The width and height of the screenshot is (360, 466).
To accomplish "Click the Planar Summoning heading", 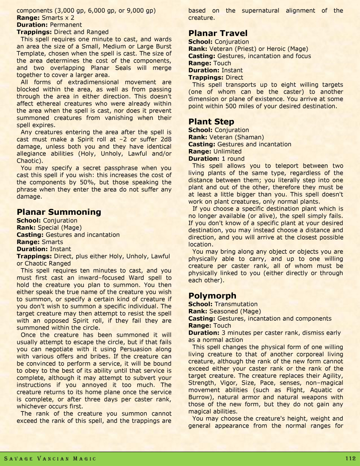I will [x=59, y=212].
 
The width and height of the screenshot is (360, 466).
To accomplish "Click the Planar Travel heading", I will [x=218, y=33].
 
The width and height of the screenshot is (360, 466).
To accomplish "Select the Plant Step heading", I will [x=211, y=122].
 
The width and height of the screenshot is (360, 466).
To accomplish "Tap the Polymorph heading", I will [x=212, y=296].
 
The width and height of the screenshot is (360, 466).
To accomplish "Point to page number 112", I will [x=350, y=458].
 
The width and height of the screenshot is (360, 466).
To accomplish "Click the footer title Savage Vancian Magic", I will [x=50, y=459].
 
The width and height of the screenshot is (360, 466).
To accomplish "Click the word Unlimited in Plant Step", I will [x=227, y=151].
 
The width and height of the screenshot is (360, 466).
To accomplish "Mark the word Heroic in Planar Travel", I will [x=275, y=49].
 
